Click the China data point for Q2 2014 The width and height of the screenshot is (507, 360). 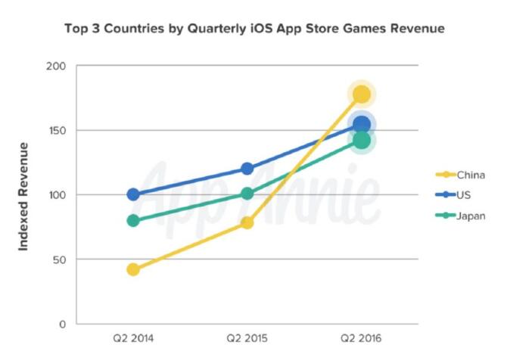click(x=133, y=269)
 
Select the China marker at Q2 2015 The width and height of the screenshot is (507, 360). click(x=247, y=222)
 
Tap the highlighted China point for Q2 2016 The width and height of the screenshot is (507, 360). click(x=362, y=95)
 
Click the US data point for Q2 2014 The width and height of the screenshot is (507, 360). click(x=133, y=194)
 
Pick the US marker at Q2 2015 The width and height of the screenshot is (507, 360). click(x=247, y=169)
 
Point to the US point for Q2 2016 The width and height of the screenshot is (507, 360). click(x=362, y=125)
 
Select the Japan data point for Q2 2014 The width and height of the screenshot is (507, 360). click(x=133, y=221)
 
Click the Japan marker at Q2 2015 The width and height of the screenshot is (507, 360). click(x=247, y=194)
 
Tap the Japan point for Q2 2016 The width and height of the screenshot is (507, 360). click(x=362, y=140)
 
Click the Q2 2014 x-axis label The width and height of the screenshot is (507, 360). click(x=133, y=339)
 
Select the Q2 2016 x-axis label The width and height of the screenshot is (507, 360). click(x=362, y=339)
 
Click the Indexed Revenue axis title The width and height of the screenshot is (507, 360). click(x=24, y=195)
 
